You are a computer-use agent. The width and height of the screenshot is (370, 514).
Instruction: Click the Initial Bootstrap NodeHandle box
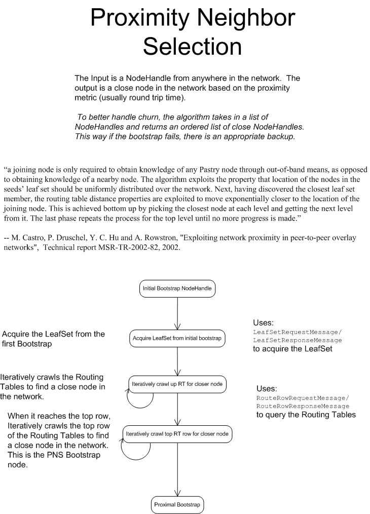click(177, 289)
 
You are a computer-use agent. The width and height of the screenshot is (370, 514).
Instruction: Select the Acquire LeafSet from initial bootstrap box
click(177, 338)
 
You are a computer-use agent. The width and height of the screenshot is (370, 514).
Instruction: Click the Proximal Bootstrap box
click(177, 504)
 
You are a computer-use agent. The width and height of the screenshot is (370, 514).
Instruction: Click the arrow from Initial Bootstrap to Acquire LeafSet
click(177, 313)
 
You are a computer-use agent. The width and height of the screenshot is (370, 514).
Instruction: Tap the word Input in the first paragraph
click(99, 79)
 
